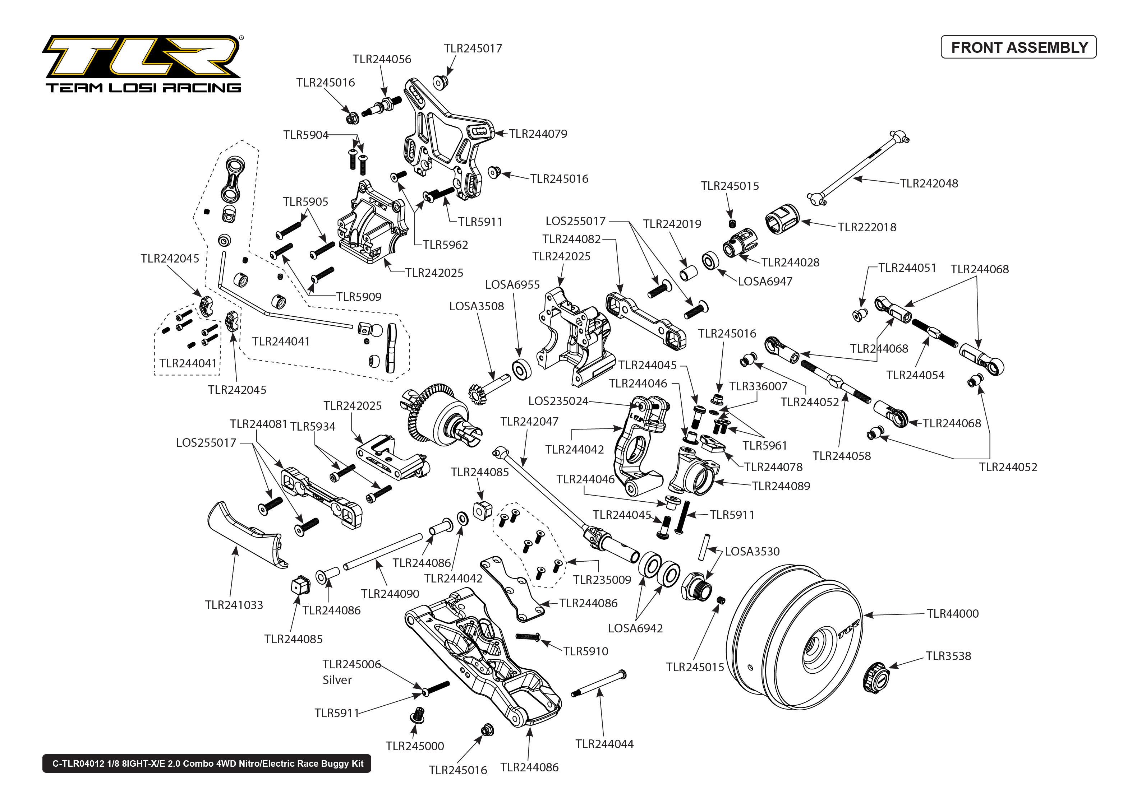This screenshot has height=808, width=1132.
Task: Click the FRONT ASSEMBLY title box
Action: click(x=1018, y=47)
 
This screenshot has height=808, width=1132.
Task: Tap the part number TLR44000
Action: click(x=952, y=613)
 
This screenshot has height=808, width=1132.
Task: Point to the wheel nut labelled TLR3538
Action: click(x=876, y=677)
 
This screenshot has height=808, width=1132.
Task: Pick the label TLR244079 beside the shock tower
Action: click(x=538, y=134)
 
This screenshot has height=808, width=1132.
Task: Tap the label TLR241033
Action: click(x=234, y=605)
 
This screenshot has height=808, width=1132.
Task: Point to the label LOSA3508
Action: click(x=477, y=306)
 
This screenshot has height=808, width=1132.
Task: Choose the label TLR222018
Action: click(x=867, y=227)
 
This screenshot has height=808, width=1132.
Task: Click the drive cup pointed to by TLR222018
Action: click(x=782, y=219)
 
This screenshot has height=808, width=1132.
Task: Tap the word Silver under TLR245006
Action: click(x=337, y=680)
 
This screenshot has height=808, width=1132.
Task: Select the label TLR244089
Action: click(x=781, y=486)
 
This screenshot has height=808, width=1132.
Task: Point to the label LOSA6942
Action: click(x=635, y=628)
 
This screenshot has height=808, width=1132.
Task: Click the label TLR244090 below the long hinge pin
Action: click(x=390, y=594)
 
